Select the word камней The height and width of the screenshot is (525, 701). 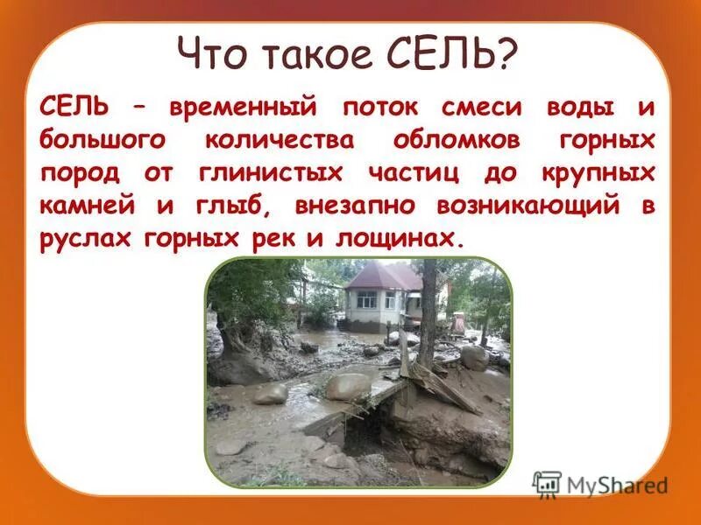77,206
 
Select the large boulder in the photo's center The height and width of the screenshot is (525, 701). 348,386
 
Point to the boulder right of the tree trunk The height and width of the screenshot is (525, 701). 474,357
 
